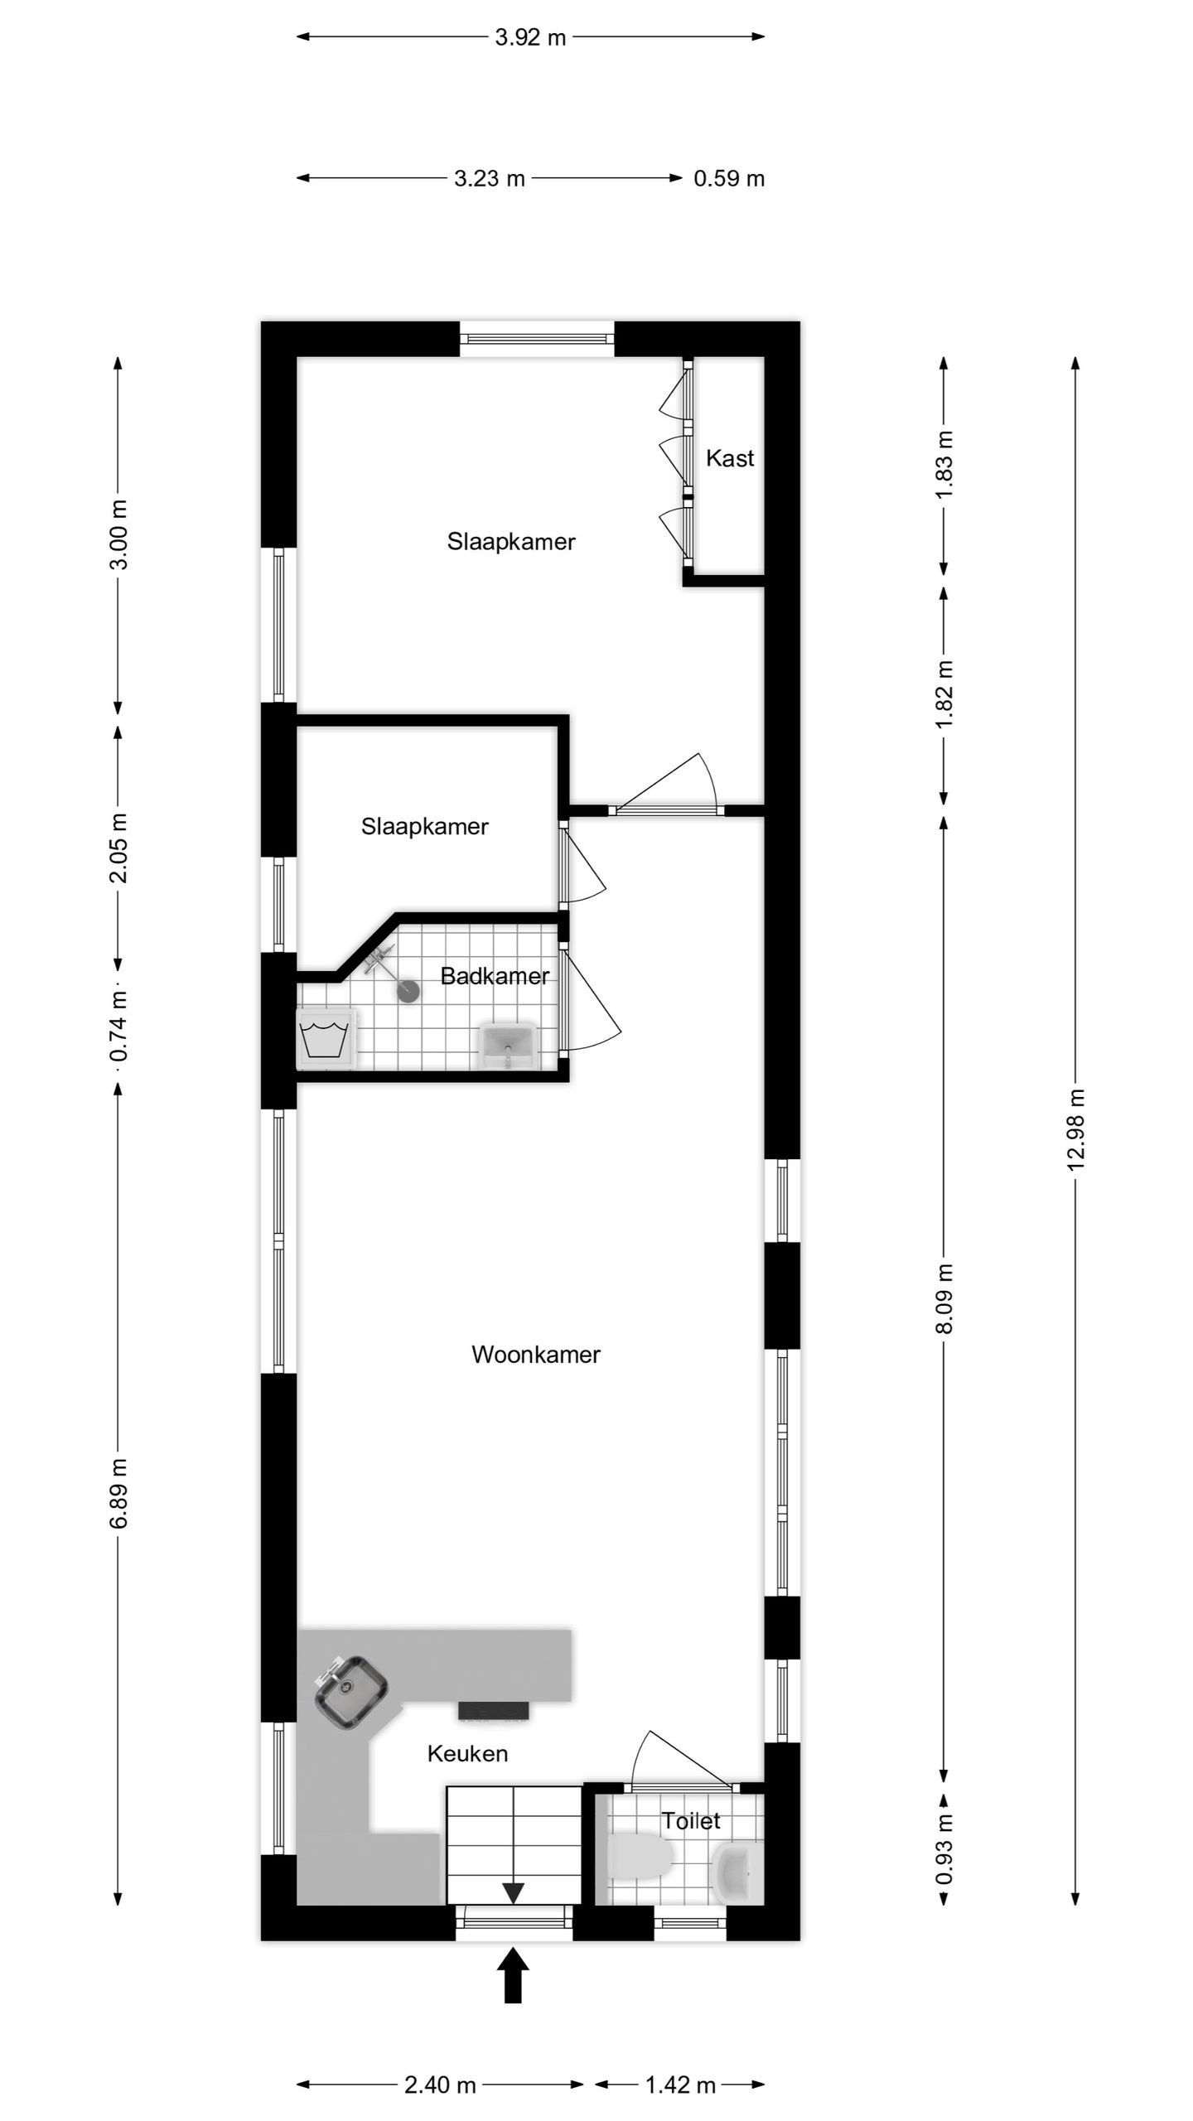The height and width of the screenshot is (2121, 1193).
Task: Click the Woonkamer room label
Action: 535,1355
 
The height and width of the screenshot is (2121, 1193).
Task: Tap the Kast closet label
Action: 730,458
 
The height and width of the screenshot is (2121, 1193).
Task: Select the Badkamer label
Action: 495,976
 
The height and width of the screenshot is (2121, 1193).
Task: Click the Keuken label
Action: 467,1753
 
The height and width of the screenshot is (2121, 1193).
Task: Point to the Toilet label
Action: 690,1821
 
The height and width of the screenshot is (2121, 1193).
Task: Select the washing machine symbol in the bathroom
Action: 326,1038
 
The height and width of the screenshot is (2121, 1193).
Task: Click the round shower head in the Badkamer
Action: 409,991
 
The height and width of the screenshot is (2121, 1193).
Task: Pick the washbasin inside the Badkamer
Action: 508,1045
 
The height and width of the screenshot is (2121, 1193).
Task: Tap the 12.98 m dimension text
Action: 1075,1128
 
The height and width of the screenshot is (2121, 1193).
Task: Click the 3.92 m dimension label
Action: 530,37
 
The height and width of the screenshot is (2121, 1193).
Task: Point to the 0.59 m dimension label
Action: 729,179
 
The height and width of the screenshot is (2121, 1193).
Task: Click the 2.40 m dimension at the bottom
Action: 440,2085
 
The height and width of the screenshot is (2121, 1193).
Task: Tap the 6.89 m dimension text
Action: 118,1493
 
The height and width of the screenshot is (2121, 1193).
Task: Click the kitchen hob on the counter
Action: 494,1711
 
